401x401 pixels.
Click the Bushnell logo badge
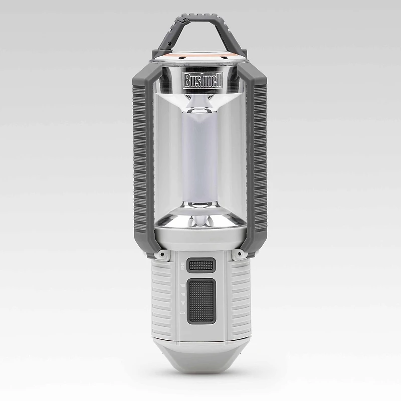click(x=201, y=81)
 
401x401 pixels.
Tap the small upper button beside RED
click(x=201, y=264)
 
